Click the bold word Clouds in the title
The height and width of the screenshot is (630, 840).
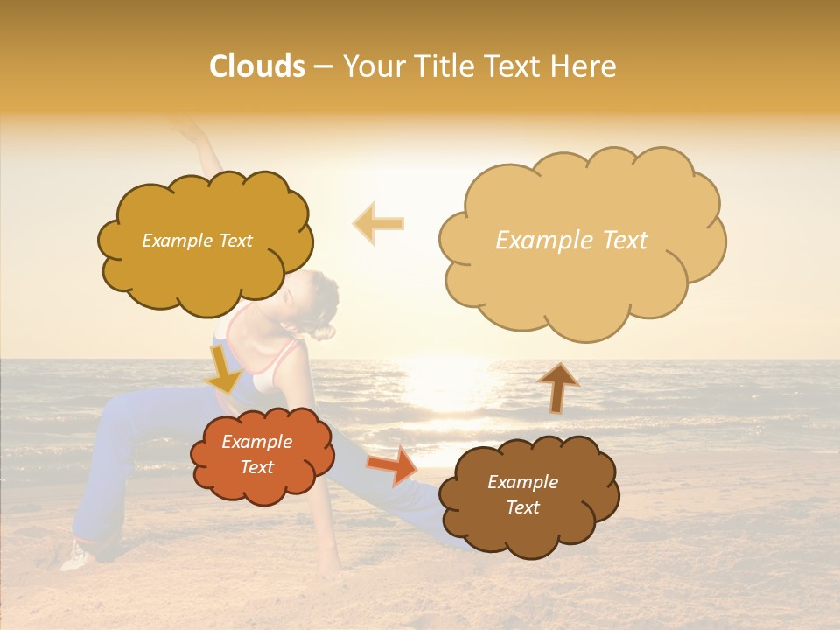click(x=257, y=66)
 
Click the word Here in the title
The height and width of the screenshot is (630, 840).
click(x=583, y=66)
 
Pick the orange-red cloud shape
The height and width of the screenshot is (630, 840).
click(x=262, y=486)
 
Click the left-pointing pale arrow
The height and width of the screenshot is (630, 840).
click(x=378, y=223)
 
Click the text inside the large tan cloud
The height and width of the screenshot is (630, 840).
click(x=571, y=241)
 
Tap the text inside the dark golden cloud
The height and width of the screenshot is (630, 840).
click(x=197, y=241)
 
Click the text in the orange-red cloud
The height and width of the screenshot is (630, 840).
click(x=257, y=455)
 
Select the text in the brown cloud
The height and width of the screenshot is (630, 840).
click(x=522, y=494)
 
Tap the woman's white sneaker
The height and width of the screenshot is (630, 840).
click(x=75, y=555)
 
